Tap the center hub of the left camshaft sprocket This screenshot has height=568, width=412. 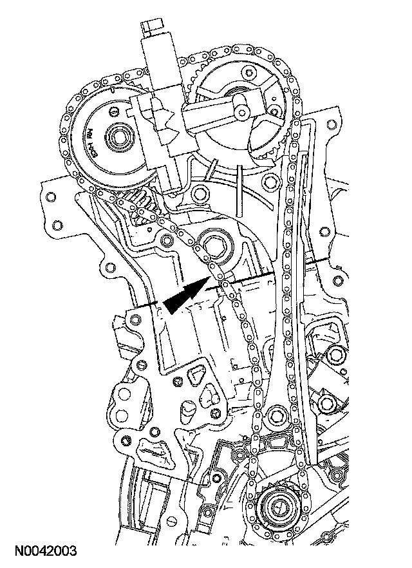click(118, 137)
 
